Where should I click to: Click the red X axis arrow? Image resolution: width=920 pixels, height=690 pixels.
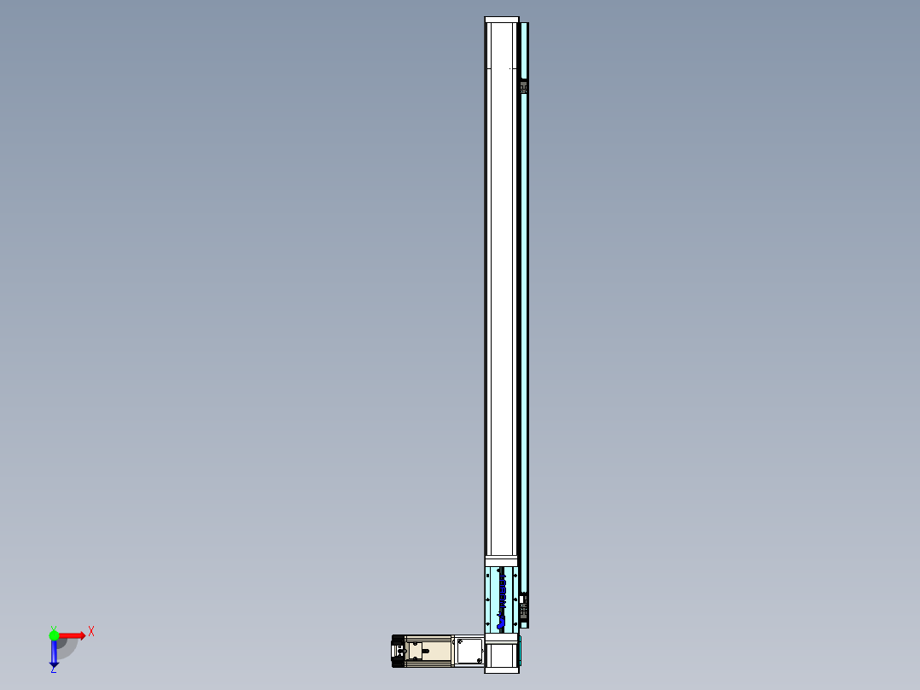[72, 635]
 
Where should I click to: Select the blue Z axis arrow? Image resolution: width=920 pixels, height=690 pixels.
[54, 653]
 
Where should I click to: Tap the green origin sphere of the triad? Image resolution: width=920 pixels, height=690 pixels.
[54, 634]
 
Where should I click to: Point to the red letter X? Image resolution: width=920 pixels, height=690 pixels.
[90, 632]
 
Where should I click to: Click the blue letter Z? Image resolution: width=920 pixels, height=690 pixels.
[53, 670]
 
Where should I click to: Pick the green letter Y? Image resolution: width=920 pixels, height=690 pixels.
[53, 627]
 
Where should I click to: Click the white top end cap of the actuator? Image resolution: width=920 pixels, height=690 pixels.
[502, 20]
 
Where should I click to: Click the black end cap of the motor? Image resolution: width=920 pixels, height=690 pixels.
[397, 652]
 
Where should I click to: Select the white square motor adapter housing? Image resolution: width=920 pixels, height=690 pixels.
[469, 651]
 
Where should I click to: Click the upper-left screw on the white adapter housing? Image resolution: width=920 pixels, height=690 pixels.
[458, 640]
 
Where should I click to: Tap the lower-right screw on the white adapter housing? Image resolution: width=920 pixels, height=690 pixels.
[480, 663]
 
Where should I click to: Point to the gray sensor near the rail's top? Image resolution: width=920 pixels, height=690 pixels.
[523, 86]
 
